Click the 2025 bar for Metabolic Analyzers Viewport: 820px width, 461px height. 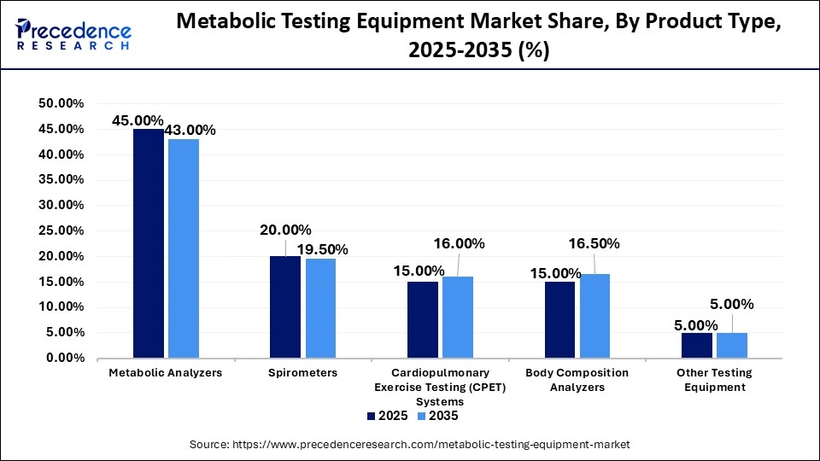pos(149,243)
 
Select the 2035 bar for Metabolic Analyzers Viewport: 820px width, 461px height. pos(184,248)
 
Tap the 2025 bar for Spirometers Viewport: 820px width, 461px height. pos(285,306)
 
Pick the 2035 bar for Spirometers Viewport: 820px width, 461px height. pos(321,308)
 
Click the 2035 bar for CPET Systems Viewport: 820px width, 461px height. pos(458,317)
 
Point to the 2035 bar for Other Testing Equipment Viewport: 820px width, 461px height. pos(732,345)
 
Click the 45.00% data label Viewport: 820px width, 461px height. pos(138,121)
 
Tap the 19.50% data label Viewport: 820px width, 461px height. pos(322,249)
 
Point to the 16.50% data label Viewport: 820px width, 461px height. pos(594,244)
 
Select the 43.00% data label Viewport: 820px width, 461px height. pos(190,131)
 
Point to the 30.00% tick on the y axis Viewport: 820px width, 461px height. pos(61,206)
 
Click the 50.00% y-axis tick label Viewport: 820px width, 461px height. pos(61,103)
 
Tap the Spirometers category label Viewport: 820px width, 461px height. pos(303,373)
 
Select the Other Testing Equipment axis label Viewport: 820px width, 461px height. pos(714,380)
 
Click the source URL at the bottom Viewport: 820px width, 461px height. pos(410,444)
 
